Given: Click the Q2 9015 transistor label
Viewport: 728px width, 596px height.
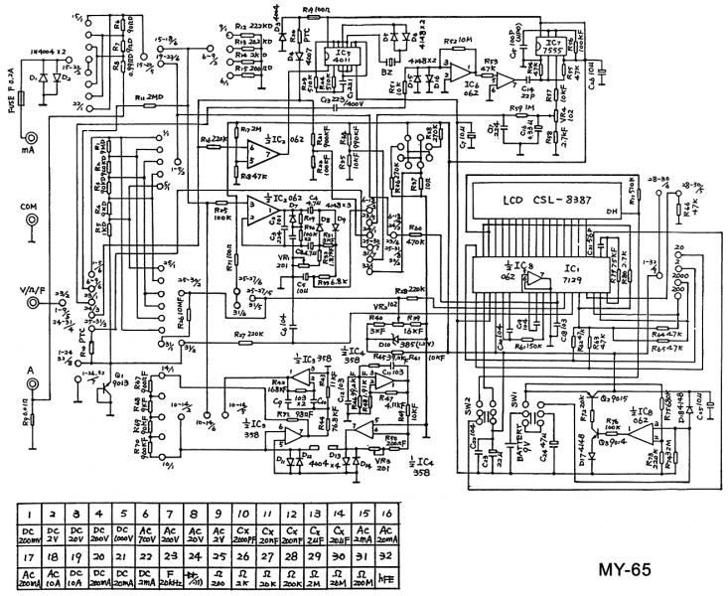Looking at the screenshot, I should tap(597, 396).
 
